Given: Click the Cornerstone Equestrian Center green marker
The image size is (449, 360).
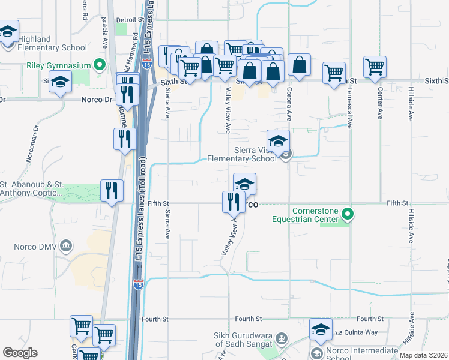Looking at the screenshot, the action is (x=346, y=214).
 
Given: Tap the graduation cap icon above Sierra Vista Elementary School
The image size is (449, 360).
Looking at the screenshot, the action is (x=278, y=142).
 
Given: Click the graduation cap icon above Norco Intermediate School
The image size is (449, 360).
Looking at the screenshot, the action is (x=321, y=330).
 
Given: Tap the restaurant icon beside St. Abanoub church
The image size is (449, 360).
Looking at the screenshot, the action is (x=112, y=191).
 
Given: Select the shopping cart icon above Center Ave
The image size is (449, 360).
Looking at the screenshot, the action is (x=375, y=67).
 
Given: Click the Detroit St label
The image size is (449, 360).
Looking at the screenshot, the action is (x=126, y=20).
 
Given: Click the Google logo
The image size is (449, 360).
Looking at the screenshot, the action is (x=20, y=353).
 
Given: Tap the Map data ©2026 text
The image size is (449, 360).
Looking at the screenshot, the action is (x=423, y=355).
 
